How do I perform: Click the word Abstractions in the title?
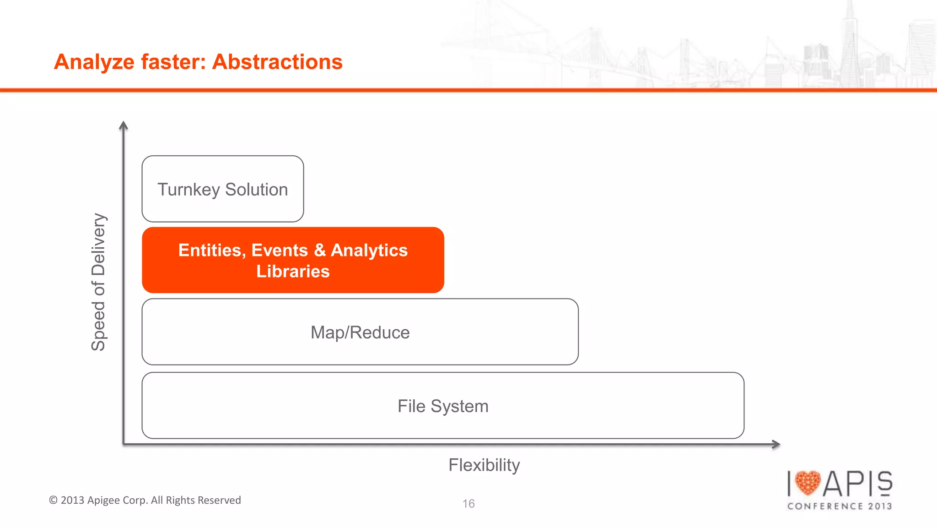tap(277, 62)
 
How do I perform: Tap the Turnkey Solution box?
tap(223, 189)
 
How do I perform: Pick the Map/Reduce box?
tap(360, 332)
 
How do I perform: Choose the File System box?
tap(443, 406)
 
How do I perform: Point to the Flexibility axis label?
tap(484, 465)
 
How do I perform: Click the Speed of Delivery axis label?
tap(98, 282)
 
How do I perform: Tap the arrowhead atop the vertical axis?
tap(123, 125)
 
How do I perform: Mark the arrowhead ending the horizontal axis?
tap(776, 444)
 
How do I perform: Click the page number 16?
tap(468, 504)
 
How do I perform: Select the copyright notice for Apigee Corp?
tap(145, 500)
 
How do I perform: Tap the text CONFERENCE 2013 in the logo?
tap(840, 506)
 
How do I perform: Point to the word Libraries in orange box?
tap(293, 272)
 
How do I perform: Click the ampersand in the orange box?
tap(320, 250)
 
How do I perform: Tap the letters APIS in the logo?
tap(858, 484)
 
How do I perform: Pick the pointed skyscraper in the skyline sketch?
tap(850, 41)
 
